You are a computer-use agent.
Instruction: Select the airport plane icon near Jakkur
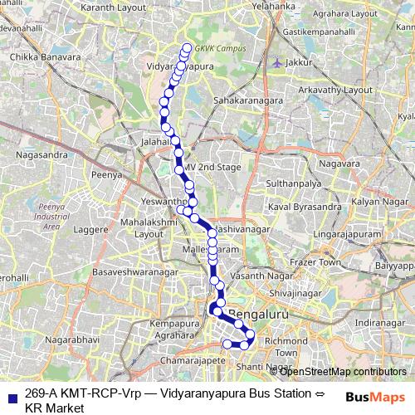tap(276, 61)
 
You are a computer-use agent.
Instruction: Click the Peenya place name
tap(107, 175)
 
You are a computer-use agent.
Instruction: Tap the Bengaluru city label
tap(261, 315)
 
